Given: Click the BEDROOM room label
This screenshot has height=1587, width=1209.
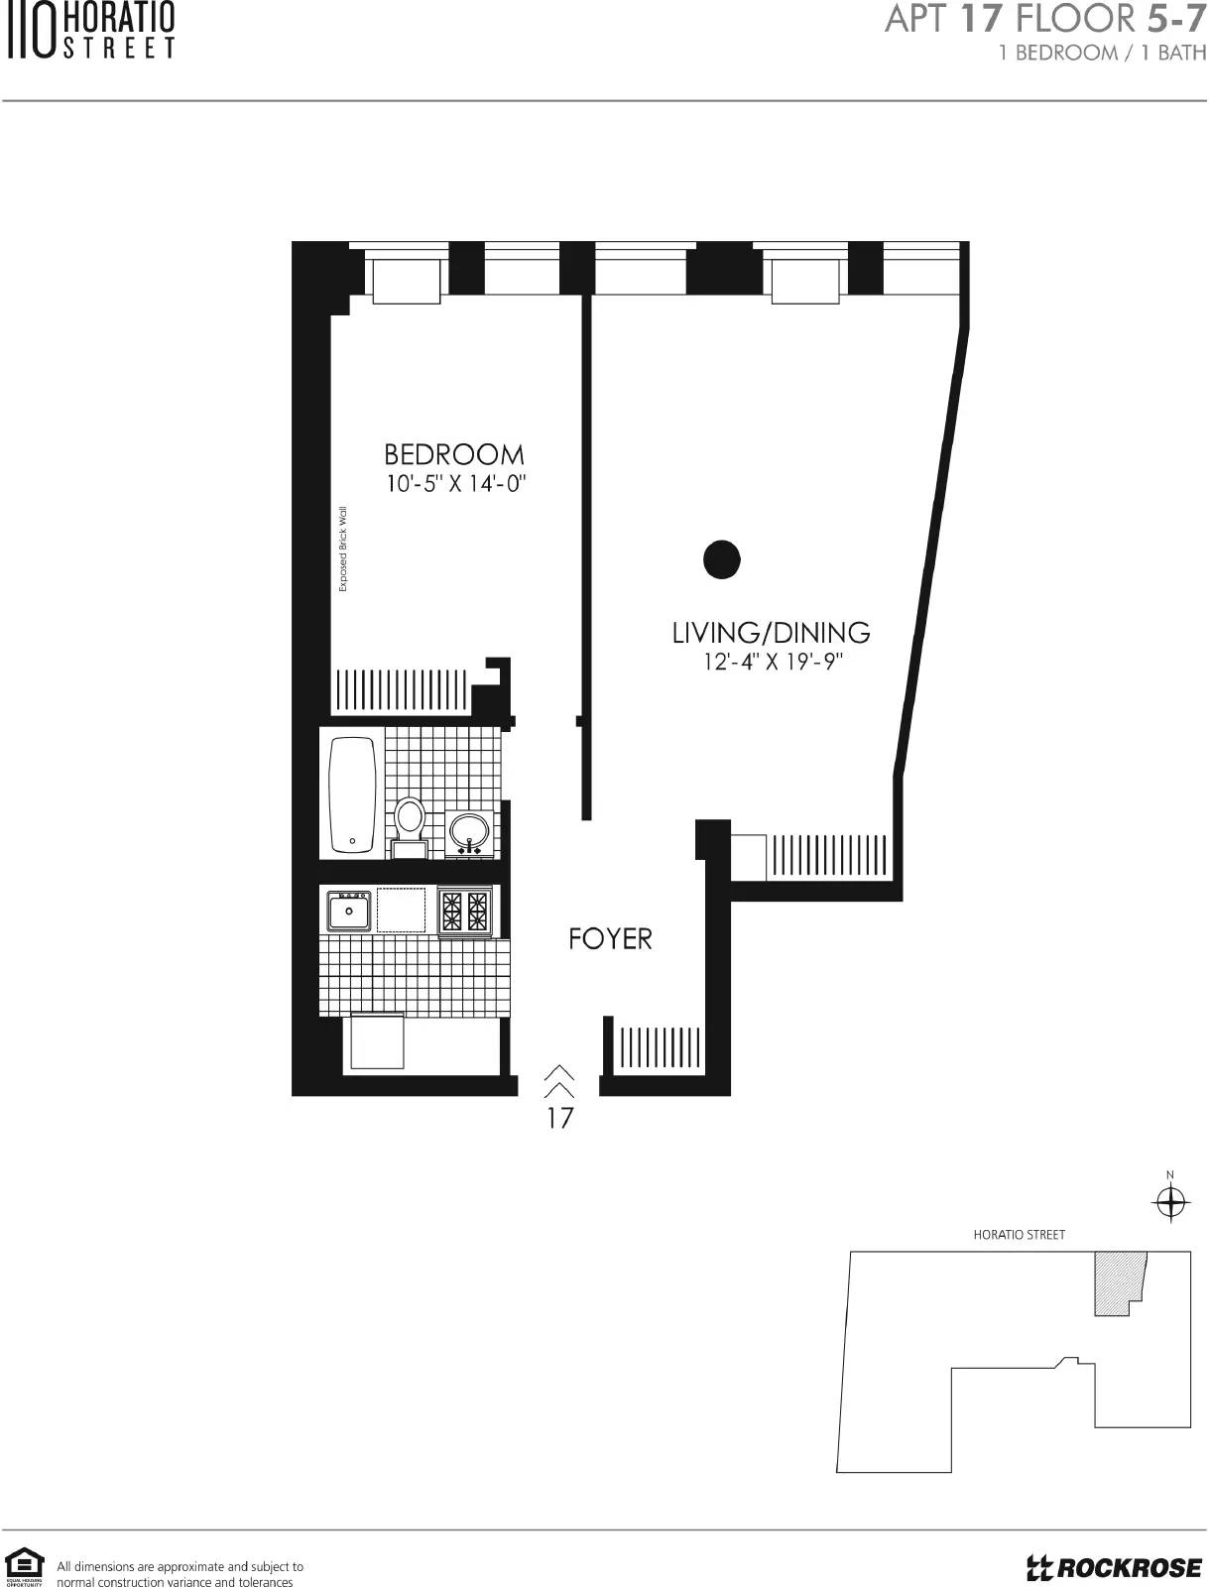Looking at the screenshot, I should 453,454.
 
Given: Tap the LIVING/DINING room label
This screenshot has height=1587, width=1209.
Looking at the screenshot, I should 771,632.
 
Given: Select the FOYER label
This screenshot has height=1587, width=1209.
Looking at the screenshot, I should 610,938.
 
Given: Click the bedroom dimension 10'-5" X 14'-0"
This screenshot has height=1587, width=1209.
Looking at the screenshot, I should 454,484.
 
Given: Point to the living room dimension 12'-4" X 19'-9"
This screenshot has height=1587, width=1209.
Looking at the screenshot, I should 773,662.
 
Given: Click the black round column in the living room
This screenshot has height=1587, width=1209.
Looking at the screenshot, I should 722,559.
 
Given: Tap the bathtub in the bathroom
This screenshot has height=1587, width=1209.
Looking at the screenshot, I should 352,795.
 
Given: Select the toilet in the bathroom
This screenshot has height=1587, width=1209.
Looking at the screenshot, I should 410,825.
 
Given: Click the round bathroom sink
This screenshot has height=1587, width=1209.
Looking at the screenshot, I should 469,831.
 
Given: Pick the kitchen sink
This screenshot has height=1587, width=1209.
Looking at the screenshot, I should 349,910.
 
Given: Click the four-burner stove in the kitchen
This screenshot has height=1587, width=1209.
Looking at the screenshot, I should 465,911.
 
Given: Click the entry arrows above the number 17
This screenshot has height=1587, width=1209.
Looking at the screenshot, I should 559,1080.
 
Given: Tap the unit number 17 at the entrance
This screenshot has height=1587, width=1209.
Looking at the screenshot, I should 559,1118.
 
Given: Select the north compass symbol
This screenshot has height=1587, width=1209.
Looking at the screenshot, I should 1170,1202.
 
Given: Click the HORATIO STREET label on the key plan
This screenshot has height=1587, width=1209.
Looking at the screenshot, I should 1019,1235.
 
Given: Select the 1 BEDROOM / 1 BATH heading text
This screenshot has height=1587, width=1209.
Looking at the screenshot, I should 1102,53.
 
